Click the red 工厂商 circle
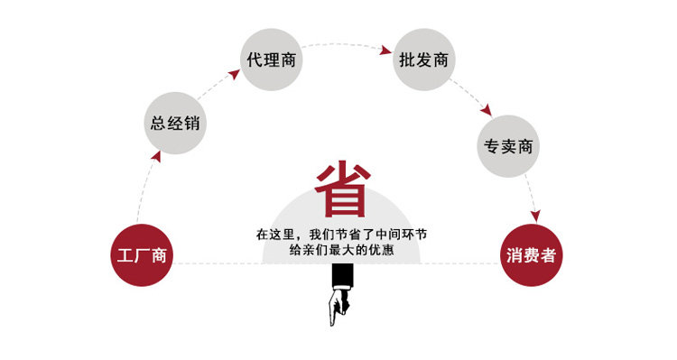tap(142, 255)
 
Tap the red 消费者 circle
tap(531, 255)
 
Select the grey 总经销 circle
tap(175, 123)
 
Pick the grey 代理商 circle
tap(271, 60)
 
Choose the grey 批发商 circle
tap(423, 60)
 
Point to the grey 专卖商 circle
tap(508, 146)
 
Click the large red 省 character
tap(343, 189)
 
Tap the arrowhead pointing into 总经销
tap(156, 156)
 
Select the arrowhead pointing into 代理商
tap(234, 74)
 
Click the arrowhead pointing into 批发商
tap(385, 50)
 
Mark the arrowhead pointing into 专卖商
tap(487, 110)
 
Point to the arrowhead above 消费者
tap(536, 216)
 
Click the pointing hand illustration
tap(339, 307)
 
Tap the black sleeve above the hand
tap(342, 276)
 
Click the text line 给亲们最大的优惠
tap(341, 250)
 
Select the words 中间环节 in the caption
tap(401, 235)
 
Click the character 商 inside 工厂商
tap(159, 255)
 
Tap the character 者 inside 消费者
tap(548, 255)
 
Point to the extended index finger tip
tap(332, 325)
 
